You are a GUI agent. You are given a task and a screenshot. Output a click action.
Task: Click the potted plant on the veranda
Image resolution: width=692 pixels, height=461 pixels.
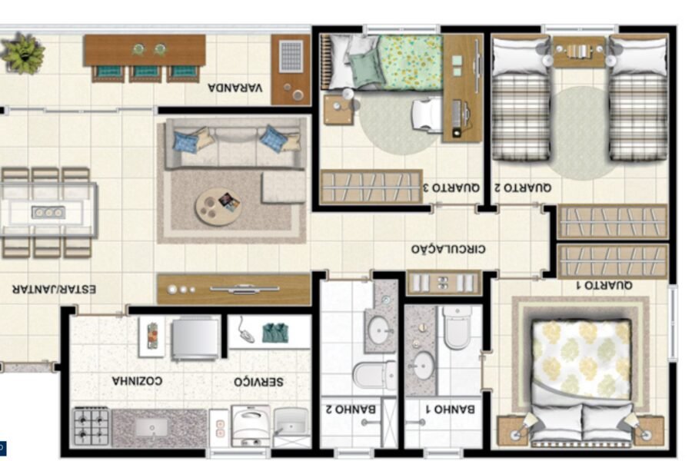click(x=22, y=53)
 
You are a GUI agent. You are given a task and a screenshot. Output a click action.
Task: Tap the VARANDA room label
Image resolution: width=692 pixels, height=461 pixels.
click(x=235, y=88)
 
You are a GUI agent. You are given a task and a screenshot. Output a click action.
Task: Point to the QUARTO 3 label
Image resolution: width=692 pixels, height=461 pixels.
click(x=451, y=187)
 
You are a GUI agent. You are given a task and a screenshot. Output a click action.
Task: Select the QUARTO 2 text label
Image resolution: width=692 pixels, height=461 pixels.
click(x=523, y=187)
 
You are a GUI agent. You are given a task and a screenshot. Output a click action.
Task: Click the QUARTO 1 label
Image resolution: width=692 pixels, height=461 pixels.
click(x=604, y=285)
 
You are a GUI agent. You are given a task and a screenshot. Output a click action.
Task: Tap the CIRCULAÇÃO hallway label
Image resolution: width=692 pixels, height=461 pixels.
click(x=448, y=249)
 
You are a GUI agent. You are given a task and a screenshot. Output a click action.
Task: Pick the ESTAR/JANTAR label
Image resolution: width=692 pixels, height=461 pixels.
click(x=54, y=289)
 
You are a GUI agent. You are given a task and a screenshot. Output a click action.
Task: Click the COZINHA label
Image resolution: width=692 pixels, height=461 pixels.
click(x=137, y=380)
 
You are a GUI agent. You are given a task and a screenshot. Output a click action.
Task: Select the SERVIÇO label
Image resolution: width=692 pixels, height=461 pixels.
click(x=258, y=381)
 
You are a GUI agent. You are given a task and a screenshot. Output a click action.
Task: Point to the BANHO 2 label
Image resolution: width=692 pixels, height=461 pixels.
click(x=351, y=409)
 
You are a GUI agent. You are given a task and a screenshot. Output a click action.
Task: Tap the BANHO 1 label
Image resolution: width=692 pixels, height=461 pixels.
click(x=450, y=409)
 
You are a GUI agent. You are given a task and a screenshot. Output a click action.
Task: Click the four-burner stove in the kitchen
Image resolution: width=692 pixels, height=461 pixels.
click(x=91, y=426)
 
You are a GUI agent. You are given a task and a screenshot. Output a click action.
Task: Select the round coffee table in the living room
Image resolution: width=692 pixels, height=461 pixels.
click(x=218, y=207)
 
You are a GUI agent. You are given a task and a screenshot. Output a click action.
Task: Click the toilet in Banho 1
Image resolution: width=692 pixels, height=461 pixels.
click(x=457, y=327)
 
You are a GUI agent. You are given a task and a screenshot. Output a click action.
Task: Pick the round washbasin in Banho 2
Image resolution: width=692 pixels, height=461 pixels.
click(x=378, y=330)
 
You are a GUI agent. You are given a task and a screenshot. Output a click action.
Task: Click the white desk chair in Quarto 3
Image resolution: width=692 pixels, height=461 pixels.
click(x=427, y=115)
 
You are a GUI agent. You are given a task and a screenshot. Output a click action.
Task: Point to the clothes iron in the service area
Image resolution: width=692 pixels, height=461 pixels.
click(x=243, y=330)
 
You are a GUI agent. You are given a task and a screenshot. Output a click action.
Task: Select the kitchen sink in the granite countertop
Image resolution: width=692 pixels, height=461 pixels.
click(x=151, y=427)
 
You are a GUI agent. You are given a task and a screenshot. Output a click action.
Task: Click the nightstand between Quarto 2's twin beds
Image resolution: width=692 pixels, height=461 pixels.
click(x=579, y=51)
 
